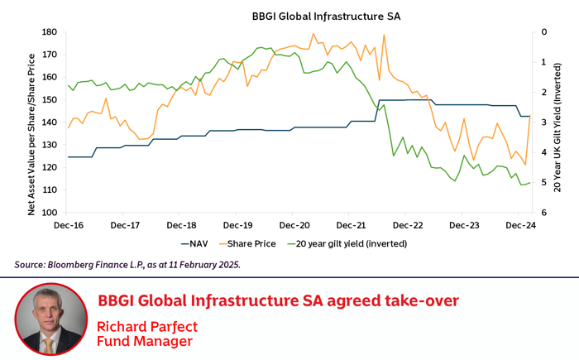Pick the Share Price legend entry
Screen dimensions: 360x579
tap(251, 244)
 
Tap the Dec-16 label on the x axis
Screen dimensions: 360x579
tap(68, 225)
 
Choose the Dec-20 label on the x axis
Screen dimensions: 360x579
tap(294, 225)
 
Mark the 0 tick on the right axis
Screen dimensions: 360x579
tap(543, 32)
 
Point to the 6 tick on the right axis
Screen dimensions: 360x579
tap(543, 213)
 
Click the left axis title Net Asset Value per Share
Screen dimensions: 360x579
tap(31, 134)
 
